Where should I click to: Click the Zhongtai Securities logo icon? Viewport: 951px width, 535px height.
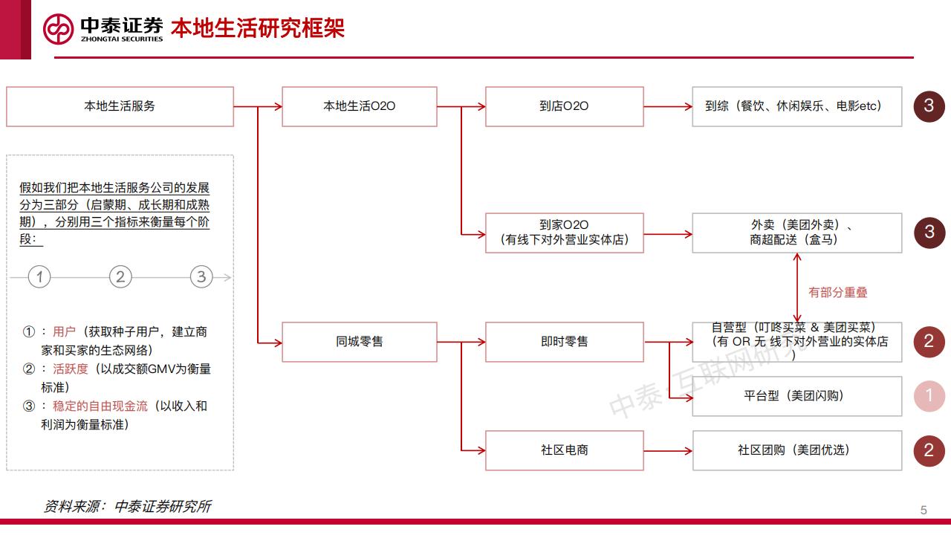click(x=58, y=29)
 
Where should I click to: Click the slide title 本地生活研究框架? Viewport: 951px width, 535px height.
click(x=258, y=28)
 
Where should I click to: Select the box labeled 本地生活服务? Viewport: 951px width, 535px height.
click(x=120, y=106)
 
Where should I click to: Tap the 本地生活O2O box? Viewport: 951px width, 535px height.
click(x=359, y=106)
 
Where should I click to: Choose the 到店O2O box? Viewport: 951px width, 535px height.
click(x=564, y=106)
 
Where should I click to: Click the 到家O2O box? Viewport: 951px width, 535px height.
click(x=564, y=233)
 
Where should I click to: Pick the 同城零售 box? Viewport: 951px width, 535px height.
click(x=359, y=342)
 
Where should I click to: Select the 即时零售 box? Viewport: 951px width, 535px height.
click(x=564, y=342)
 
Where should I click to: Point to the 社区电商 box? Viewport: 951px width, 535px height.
click(x=564, y=450)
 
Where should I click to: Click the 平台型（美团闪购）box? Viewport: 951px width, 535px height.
click(x=796, y=396)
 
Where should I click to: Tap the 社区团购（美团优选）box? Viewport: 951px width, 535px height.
click(x=796, y=450)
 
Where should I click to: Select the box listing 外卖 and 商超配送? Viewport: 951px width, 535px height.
click(x=796, y=233)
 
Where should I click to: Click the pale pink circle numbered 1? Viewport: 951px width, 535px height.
click(x=929, y=396)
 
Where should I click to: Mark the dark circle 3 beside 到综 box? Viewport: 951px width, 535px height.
click(x=929, y=106)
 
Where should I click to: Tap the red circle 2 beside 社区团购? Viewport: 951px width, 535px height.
click(x=929, y=450)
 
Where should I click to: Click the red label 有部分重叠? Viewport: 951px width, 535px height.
click(x=838, y=293)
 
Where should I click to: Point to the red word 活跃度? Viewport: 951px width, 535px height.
click(x=71, y=369)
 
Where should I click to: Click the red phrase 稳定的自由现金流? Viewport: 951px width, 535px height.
click(x=100, y=406)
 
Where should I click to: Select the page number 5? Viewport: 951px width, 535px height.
click(x=924, y=510)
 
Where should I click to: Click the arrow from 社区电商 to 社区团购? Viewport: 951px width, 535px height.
click(x=667, y=450)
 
